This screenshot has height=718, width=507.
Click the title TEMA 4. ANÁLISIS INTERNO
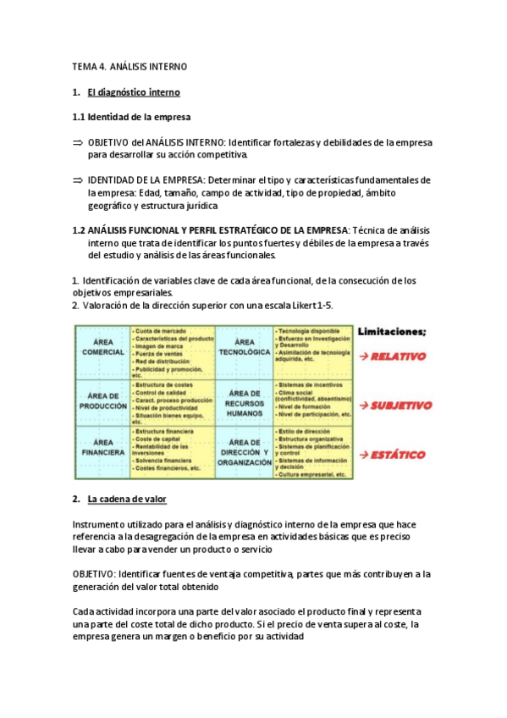point(130,66)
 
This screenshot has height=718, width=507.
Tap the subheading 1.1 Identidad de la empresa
point(131,116)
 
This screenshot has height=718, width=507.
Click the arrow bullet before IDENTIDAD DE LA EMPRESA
point(78,180)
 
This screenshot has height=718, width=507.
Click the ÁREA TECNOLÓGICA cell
point(243,346)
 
